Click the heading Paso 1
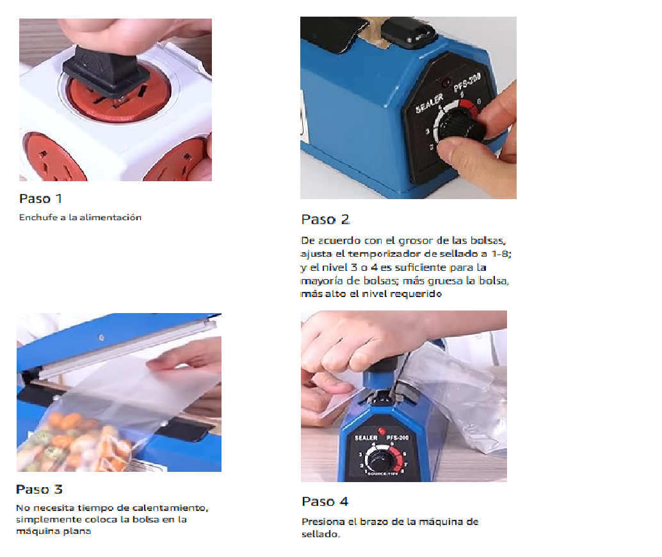pyautogui.click(x=40, y=198)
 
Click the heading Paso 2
pyautogui.click(x=325, y=220)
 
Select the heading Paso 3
pyautogui.click(x=39, y=489)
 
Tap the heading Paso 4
pyautogui.click(x=325, y=502)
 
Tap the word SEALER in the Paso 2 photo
pyautogui.click(x=430, y=104)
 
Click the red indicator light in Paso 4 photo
pyautogui.click(x=381, y=431)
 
